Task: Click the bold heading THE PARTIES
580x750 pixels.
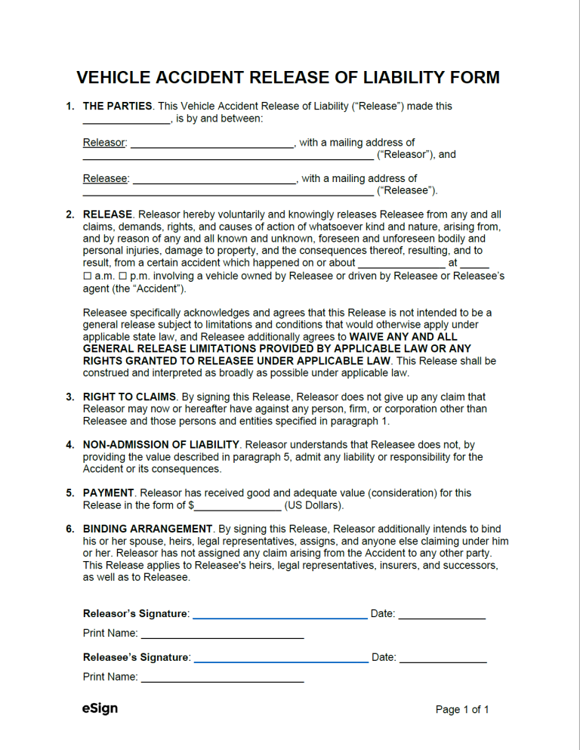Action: coord(117,106)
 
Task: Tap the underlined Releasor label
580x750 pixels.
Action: coord(104,142)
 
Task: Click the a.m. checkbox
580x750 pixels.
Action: coord(87,276)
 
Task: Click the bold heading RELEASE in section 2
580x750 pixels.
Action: coord(107,215)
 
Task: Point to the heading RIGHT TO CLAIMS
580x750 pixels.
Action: coord(129,397)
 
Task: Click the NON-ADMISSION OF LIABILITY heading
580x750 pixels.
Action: coord(161,445)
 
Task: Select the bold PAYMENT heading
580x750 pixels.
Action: coord(108,492)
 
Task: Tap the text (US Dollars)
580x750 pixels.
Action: coord(313,505)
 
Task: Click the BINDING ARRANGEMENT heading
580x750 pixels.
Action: coord(147,529)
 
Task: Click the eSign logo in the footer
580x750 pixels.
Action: coord(100,708)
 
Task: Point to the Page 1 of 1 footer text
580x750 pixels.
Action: coord(462,709)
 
